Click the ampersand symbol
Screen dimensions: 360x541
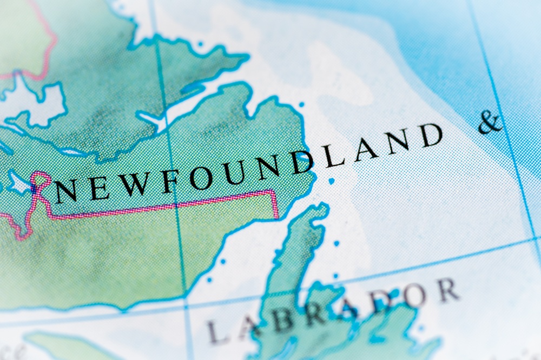click(x=490, y=123)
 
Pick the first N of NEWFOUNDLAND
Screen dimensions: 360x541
click(x=66, y=191)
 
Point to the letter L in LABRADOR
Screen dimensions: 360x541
click(x=218, y=331)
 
